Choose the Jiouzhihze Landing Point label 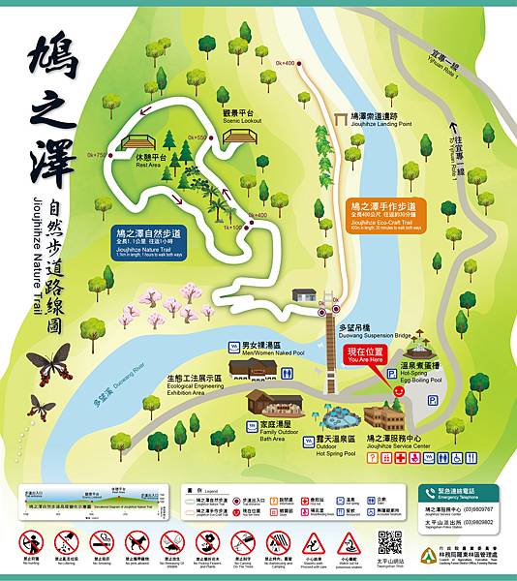(368, 118)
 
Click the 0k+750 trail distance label (97, 155)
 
